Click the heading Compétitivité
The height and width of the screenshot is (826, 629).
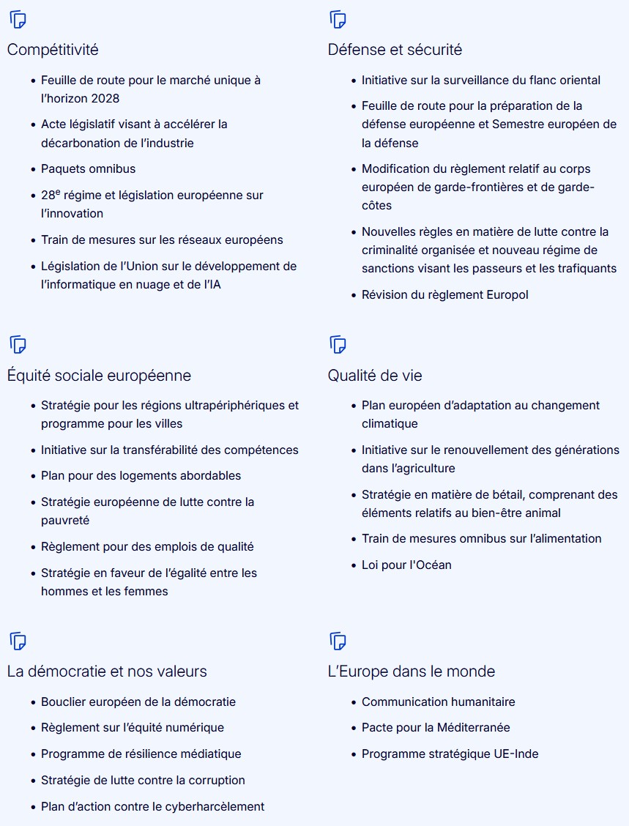[53, 50]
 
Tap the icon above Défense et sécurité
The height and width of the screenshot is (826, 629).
[338, 20]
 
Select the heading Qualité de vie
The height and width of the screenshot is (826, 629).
[375, 376]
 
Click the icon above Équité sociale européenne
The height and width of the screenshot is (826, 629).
[18, 344]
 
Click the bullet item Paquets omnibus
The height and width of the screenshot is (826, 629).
[88, 168]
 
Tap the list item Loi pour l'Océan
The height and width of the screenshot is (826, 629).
[406, 565]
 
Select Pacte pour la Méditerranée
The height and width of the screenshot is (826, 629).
[436, 727]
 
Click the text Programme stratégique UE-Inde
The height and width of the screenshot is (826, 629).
[450, 754]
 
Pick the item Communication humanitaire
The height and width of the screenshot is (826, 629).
[438, 702]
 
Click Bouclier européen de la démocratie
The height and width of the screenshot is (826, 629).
[138, 702]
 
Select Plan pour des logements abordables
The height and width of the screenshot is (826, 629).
[141, 475]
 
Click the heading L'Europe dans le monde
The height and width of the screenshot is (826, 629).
[412, 671]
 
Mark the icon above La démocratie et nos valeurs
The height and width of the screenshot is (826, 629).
[18, 641]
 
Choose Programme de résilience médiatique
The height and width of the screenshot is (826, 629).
[141, 754]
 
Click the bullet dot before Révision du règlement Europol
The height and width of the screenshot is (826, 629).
[354, 294]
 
